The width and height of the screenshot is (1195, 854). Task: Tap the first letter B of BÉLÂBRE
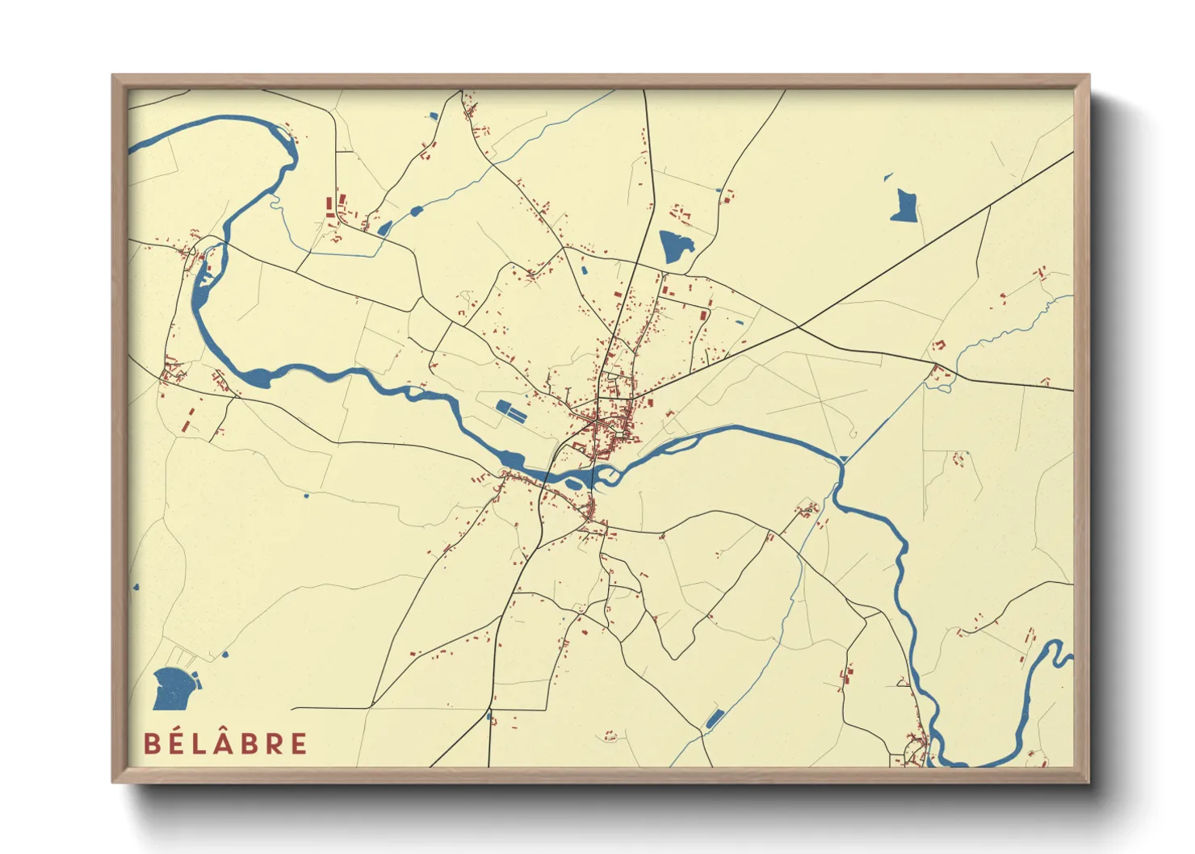(x=152, y=743)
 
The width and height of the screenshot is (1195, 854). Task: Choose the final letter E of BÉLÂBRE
(x=299, y=743)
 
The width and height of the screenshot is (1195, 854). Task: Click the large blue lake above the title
(x=173, y=688)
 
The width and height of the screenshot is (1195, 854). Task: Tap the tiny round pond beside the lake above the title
(x=224, y=654)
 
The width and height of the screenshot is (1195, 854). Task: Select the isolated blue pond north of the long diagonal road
(x=904, y=206)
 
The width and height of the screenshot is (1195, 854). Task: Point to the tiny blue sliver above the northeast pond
(x=888, y=176)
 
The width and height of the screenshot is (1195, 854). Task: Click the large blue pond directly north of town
(x=675, y=245)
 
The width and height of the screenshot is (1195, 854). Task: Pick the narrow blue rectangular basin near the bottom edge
(x=714, y=718)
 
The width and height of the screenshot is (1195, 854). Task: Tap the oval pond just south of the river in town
(x=573, y=484)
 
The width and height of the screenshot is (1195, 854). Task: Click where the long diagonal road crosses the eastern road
(x=799, y=326)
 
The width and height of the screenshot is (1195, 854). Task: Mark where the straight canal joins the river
(x=842, y=460)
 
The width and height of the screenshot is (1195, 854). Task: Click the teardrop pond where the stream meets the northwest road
(x=384, y=228)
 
